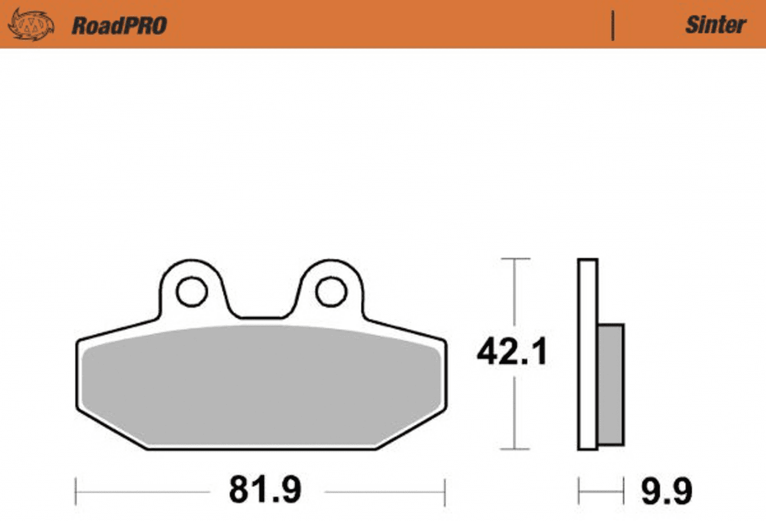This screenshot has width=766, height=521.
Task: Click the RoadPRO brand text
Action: pos(119,25)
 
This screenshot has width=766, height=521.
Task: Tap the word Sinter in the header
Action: pos(715,25)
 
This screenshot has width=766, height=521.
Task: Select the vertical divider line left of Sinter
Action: pos(613,25)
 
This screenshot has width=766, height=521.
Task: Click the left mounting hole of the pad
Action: pos(191,291)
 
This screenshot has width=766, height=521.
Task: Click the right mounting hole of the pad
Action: pos(331,291)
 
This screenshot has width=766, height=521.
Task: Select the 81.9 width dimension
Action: pos(265,490)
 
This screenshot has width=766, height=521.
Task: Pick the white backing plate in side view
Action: pos(587,354)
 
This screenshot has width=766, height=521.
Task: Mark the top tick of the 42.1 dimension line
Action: pos(515,259)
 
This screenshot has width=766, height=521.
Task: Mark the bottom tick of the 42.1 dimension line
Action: pos(515,449)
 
